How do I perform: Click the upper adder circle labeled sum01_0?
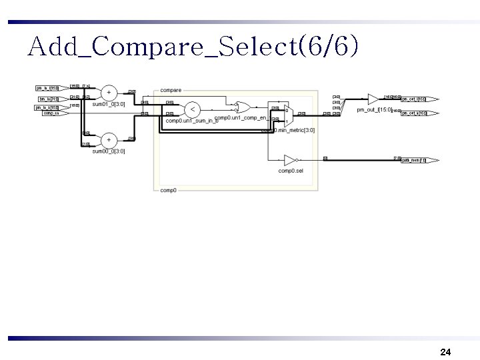click(109, 93)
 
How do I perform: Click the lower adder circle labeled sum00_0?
click(109, 139)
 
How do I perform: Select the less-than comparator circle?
click(192, 109)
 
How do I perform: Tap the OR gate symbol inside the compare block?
click(243, 107)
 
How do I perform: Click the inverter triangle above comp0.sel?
click(290, 160)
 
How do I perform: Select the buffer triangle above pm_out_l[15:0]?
click(373, 99)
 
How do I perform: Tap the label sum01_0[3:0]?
click(109, 105)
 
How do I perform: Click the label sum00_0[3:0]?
click(109, 151)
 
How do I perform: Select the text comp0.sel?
click(291, 171)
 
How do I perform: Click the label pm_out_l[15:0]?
click(374, 109)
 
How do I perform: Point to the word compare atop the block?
click(171, 90)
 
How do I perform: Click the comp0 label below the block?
click(168, 190)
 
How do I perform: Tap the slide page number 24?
click(446, 351)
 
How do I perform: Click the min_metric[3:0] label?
click(291, 130)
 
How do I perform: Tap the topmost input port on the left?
click(47, 88)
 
